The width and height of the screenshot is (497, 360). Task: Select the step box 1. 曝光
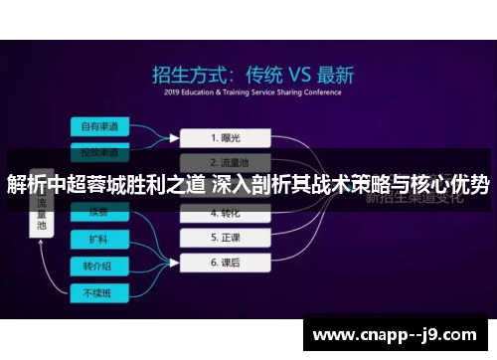pos(228,135)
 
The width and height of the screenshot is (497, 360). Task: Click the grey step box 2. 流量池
pos(228,160)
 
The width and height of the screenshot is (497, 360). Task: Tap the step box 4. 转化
pos(228,212)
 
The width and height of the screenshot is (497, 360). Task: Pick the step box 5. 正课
pos(228,238)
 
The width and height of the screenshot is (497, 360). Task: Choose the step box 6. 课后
pos(228,264)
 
